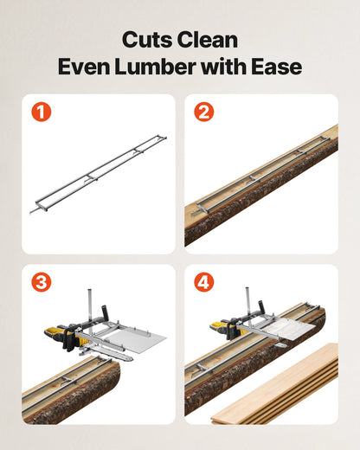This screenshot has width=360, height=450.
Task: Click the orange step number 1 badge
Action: (41, 112)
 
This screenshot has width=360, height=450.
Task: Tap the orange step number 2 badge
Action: (203, 112)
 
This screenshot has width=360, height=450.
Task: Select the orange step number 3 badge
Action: (41, 283)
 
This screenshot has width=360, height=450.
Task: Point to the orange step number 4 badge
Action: (203, 283)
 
